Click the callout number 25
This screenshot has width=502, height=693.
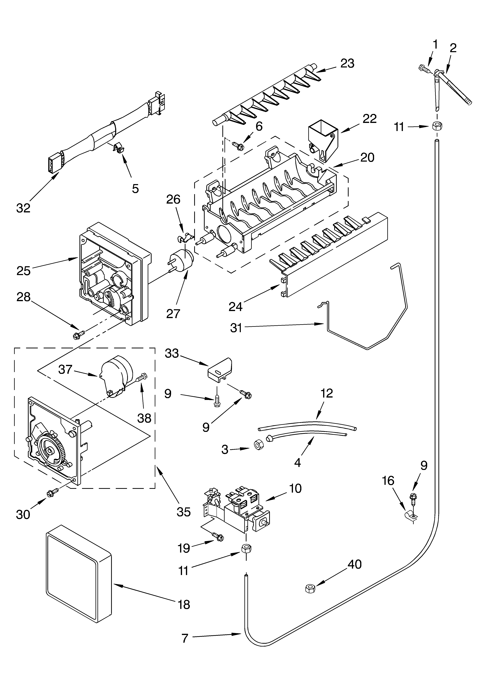[24, 271]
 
